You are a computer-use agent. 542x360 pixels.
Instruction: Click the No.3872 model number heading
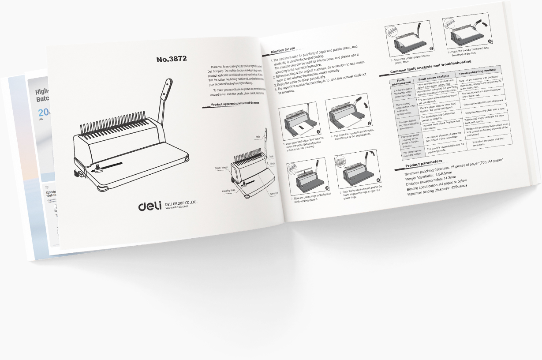pyautogui.click(x=172, y=59)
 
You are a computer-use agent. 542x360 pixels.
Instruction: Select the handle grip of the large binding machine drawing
pyautogui.click(x=168, y=88)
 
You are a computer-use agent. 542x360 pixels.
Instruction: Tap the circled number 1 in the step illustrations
pyautogui.click(x=318, y=131)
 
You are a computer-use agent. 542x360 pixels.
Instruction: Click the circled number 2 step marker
pyautogui.click(x=369, y=124)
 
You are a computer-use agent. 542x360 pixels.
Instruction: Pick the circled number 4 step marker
pyautogui.click(x=378, y=180)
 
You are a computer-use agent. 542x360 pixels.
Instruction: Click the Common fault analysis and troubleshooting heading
pyautogui.click(x=430, y=67)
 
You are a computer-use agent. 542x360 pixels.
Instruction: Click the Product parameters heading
pyautogui.click(x=423, y=164)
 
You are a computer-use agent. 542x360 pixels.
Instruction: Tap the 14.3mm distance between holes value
pyautogui.click(x=456, y=177)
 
